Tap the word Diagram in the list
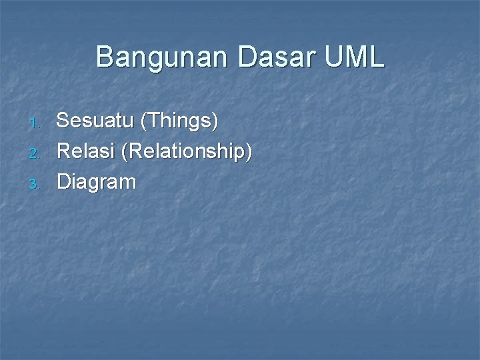pyautogui.click(x=97, y=182)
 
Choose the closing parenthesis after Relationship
pyautogui.click(x=249, y=152)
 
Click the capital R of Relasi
pyautogui.click(x=64, y=151)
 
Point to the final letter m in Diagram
pyautogui.click(x=128, y=183)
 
